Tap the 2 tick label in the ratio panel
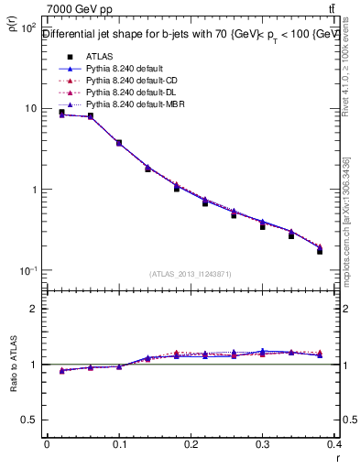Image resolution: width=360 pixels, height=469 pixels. (x=34, y=309)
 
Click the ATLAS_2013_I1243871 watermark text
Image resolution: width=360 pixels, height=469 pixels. (x=191, y=274)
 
